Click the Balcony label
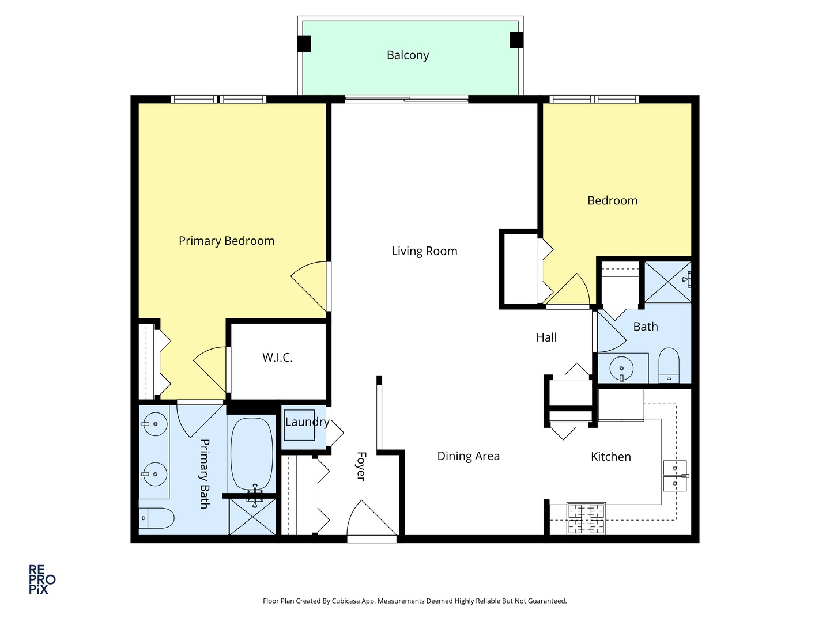click(x=408, y=55)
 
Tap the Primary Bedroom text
click(x=227, y=241)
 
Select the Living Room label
click(x=424, y=251)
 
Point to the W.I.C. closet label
click(x=277, y=358)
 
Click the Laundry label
click(x=307, y=422)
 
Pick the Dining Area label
click(x=468, y=456)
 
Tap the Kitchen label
click(x=610, y=457)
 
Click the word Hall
click(x=546, y=337)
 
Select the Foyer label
click(x=361, y=466)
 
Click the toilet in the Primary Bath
click(x=156, y=518)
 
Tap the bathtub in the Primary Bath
click(x=252, y=453)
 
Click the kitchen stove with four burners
click(x=586, y=518)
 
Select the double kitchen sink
click(x=674, y=476)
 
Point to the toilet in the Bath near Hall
click(x=669, y=365)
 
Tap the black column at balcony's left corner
click(x=304, y=44)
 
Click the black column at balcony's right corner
click(x=516, y=40)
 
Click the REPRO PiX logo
click(x=42, y=579)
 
